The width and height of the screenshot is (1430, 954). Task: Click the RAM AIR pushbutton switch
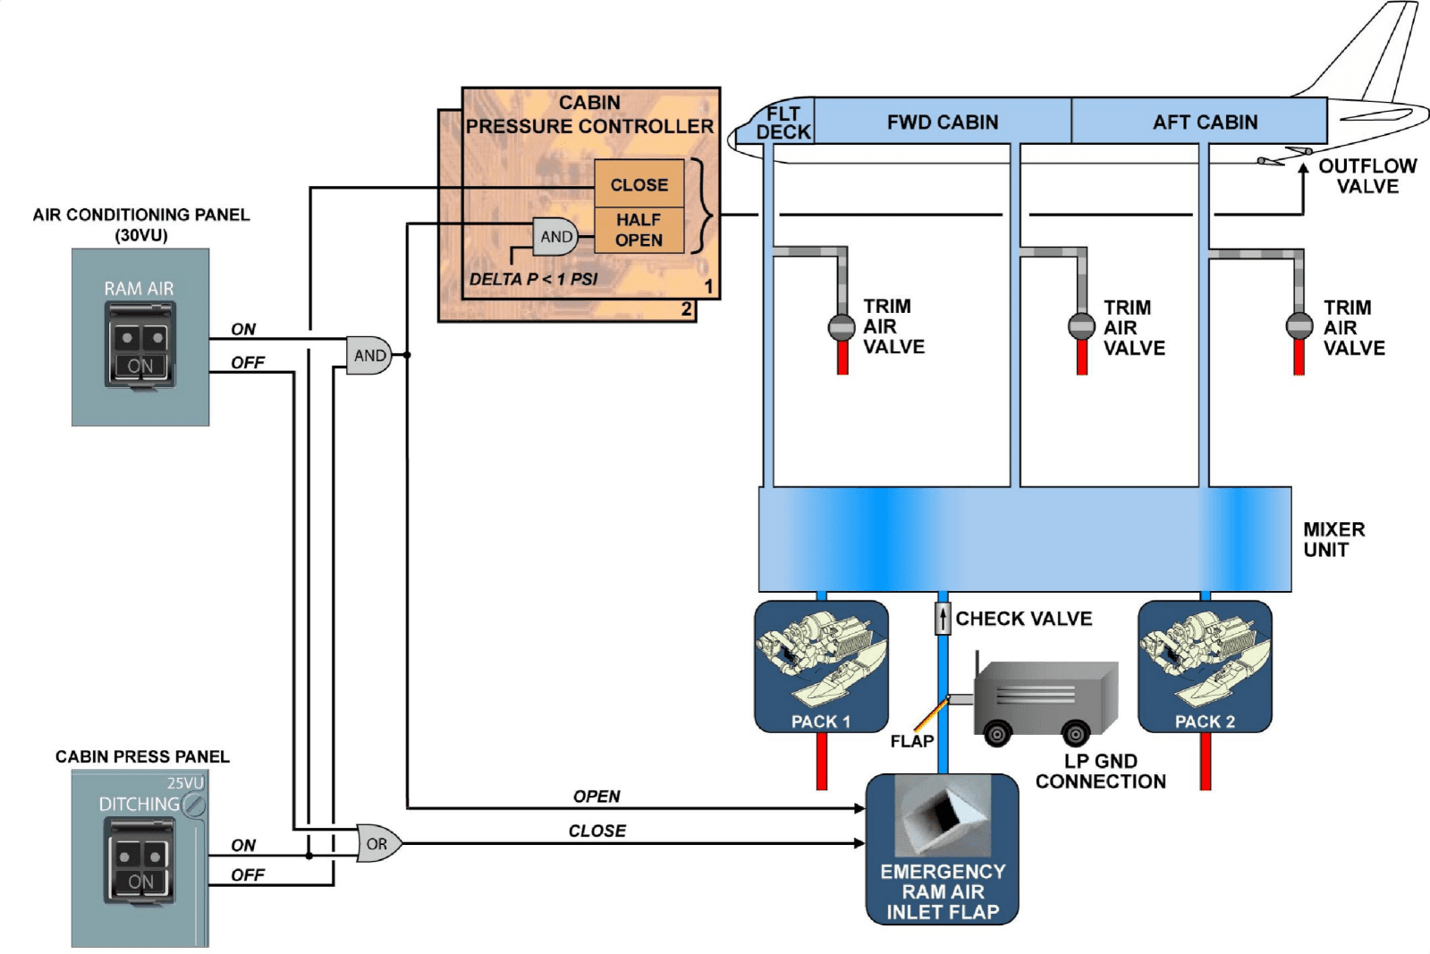coord(140,345)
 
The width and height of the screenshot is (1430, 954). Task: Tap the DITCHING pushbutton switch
coord(140,861)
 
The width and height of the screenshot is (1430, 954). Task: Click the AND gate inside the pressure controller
coord(555,237)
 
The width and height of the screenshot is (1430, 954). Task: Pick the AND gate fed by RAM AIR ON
coord(368,355)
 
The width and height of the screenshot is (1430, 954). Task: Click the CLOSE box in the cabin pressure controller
coord(639,184)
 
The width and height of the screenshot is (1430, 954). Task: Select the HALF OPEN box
coord(639,230)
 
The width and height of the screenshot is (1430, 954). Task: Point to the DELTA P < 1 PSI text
coord(533,279)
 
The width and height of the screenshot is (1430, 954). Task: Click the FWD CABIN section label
coord(943,122)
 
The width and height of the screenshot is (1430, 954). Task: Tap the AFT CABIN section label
coord(1205,122)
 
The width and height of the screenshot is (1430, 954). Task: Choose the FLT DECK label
coord(783,122)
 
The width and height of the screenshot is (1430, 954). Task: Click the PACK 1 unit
coord(821,666)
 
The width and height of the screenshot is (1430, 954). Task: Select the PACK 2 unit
coord(1205,666)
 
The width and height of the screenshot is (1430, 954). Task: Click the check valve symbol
coord(943,618)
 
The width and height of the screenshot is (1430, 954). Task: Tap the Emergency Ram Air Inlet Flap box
coord(943,848)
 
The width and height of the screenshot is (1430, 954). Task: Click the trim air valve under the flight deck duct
coord(842,327)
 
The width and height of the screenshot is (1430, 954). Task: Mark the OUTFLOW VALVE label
coord(1367,176)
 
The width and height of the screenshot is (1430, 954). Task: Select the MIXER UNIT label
coord(1333,539)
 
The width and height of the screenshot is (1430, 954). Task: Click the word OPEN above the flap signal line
coord(597,796)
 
